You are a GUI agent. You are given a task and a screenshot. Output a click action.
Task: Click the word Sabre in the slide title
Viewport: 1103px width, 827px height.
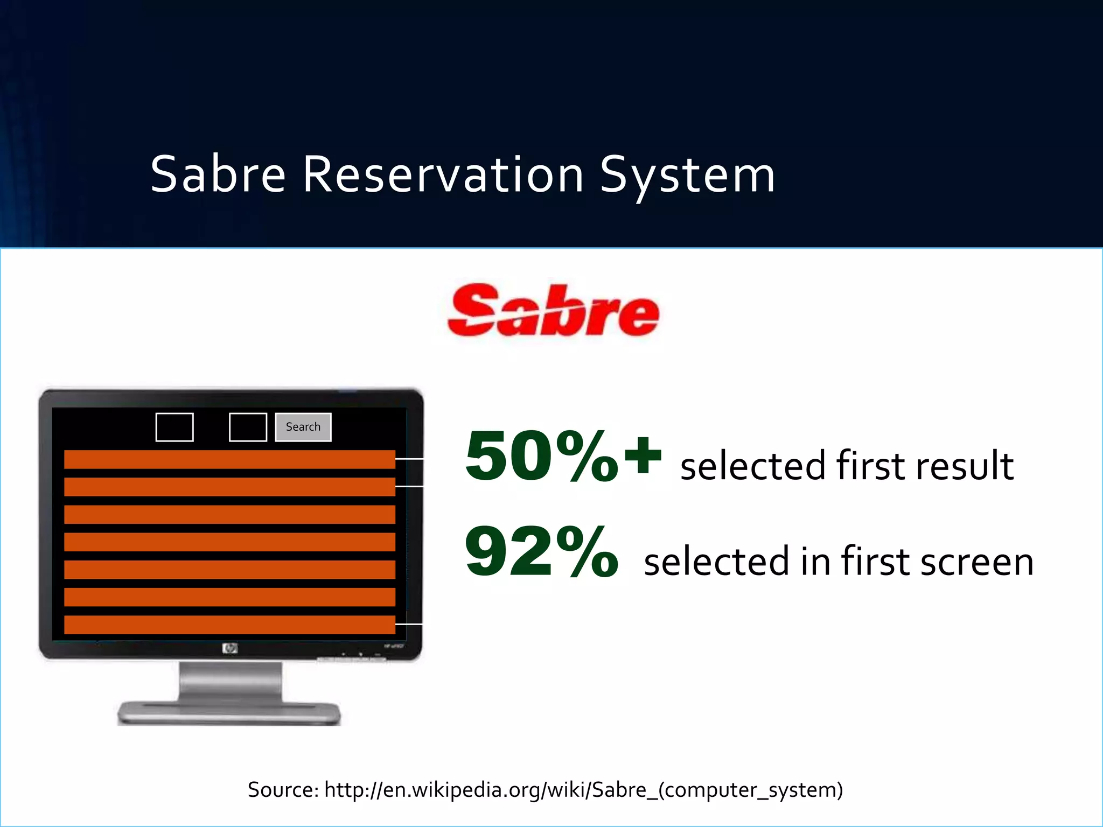218,174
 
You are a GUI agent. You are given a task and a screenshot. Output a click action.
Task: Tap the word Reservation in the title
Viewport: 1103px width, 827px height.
443,174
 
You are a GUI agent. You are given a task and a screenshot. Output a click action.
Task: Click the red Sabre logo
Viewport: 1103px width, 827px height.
553,311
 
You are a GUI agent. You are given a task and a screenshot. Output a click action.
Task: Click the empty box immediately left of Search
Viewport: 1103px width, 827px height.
248,427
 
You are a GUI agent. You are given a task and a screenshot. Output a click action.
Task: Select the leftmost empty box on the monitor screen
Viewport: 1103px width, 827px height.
174,427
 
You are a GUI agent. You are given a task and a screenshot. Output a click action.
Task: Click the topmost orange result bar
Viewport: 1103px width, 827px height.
229,459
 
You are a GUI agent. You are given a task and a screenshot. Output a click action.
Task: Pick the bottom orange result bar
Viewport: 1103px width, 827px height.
229,625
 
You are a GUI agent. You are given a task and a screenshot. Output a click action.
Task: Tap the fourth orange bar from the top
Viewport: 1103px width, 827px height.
229,542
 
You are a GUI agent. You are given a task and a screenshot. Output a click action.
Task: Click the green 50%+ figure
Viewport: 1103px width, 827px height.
563,457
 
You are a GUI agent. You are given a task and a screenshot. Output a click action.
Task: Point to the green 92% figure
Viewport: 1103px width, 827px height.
541,552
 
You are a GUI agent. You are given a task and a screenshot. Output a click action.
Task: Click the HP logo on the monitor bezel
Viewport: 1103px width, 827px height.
230,649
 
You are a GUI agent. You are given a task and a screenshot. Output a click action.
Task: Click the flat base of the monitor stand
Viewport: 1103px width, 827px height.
229,713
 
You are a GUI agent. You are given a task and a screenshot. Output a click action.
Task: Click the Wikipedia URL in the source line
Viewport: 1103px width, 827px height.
583,790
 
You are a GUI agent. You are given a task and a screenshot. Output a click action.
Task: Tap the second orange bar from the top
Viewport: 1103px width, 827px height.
229,487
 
